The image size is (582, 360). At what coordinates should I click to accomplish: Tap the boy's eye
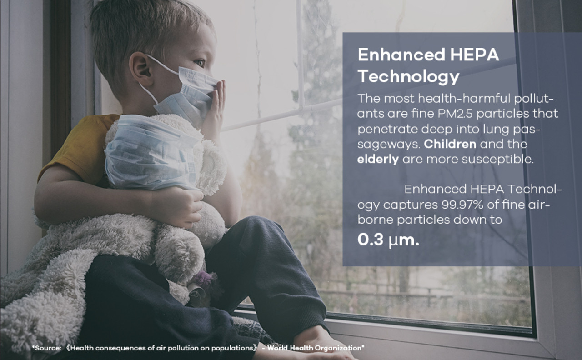click(x=200, y=63)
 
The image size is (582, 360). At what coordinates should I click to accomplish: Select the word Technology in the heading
click(x=408, y=77)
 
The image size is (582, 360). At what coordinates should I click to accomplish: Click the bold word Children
click(x=450, y=144)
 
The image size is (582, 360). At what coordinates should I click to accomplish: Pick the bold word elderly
click(x=378, y=159)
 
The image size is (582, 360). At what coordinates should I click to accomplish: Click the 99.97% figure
click(x=462, y=205)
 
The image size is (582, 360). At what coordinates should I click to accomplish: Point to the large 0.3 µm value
click(x=388, y=240)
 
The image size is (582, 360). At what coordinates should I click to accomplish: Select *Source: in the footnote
click(x=46, y=348)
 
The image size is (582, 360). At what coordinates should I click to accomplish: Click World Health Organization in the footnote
click(x=316, y=348)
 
